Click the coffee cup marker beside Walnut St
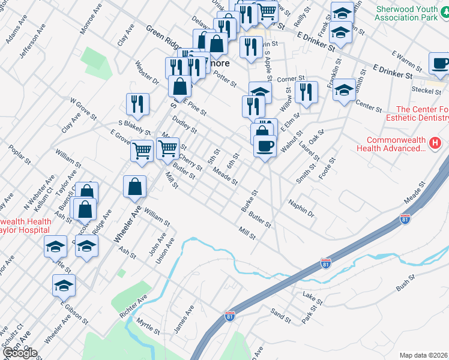pyautogui.click(x=265, y=146)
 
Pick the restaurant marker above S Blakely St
pyautogui.click(x=138, y=104)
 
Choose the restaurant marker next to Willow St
pyautogui.click(x=306, y=92)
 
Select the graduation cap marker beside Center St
pyautogui.click(x=344, y=91)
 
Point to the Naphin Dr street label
pyautogui.click(x=301, y=208)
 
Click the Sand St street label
pyautogui.click(x=281, y=313)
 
